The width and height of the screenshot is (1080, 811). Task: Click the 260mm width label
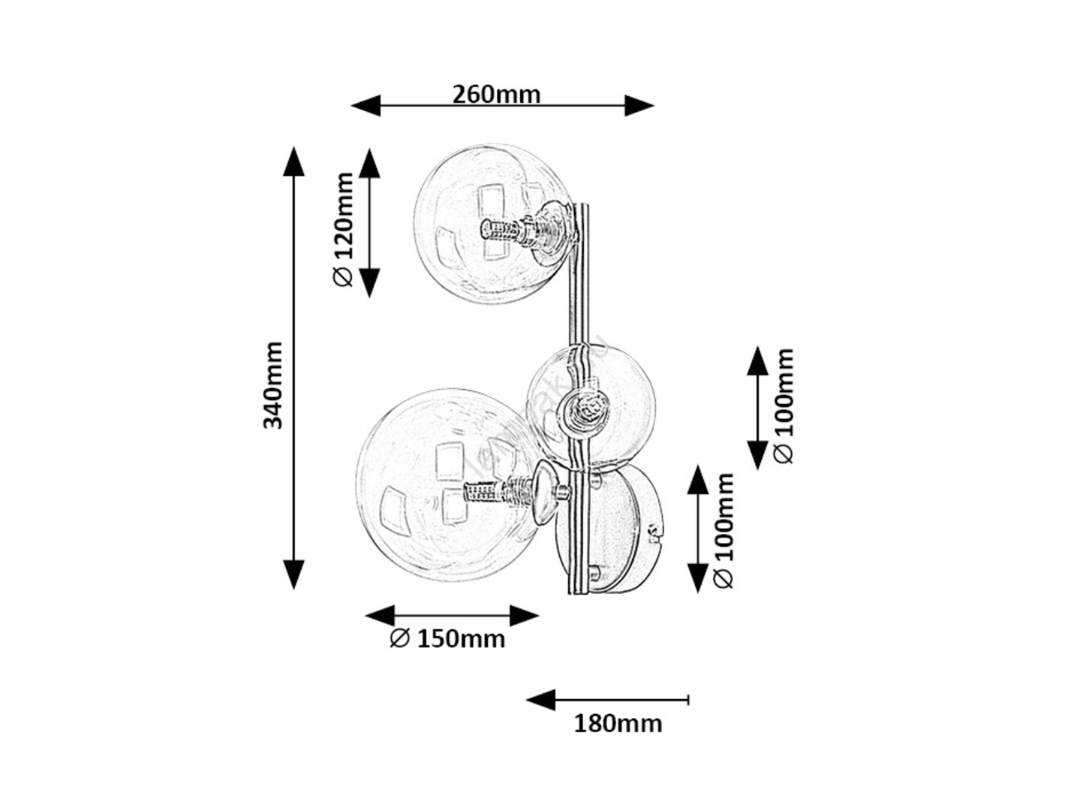pyautogui.click(x=496, y=95)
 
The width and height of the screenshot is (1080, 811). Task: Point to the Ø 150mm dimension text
pyautogui.click(x=447, y=639)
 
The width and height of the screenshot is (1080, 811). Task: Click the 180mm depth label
pyautogui.click(x=618, y=724)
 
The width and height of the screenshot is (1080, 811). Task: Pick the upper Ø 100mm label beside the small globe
pyautogui.click(x=783, y=405)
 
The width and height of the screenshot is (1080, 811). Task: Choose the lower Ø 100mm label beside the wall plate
pyautogui.click(x=723, y=530)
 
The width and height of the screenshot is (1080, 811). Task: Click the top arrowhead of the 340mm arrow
pyautogui.click(x=293, y=161)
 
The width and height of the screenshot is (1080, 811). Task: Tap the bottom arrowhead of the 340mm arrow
pyautogui.click(x=293, y=574)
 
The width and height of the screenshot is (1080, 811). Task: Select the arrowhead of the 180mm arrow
pyautogui.click(x=540, y=701)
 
